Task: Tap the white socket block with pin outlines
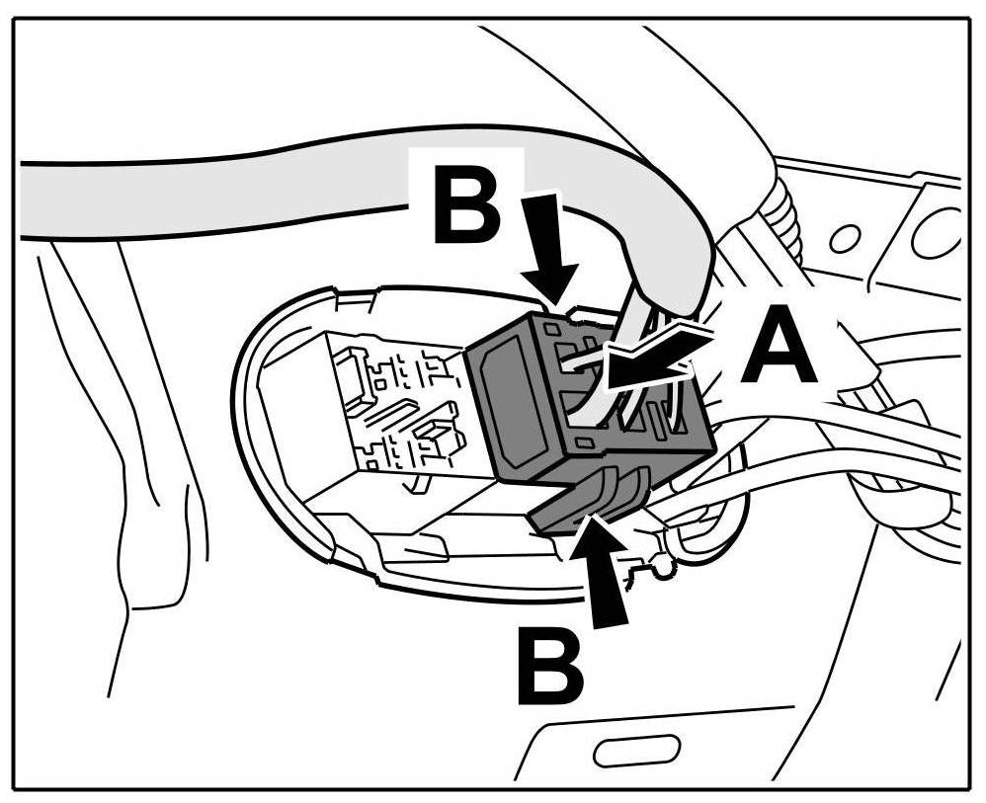(395, 415)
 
